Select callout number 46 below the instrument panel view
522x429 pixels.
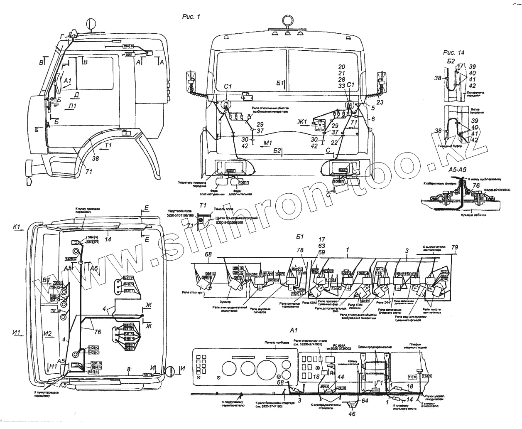pyautogui.click(x=352, y=414)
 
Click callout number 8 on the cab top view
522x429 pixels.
pyautogui.click(x=129, y=369)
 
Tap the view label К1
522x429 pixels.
pyautogui.click(x=17, y=227)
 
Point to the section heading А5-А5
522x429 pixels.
pyautogui.click(x=458, y=170)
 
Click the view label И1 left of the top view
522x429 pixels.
pyautogui.click(x=17, y=332)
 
